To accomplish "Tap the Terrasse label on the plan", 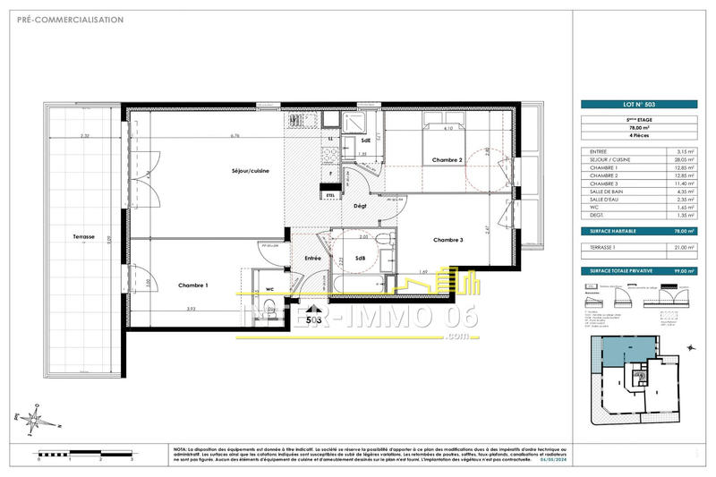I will (x=84, y=236).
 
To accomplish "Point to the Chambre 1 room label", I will (x=193, y=285).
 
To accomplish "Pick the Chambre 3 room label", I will (x=447, y=240).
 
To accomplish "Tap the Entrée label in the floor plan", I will (x=313, y=258).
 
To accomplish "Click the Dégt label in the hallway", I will (x=361, y=206).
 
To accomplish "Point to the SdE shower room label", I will (x=366, y=141).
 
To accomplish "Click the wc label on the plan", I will (x=269, y=288).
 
